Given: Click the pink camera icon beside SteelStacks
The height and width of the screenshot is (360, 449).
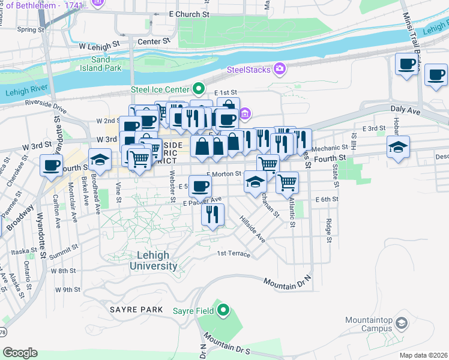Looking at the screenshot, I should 279,70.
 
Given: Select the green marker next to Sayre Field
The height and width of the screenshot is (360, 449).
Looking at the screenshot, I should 223,310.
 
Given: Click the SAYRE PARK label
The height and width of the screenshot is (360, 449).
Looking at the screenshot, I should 136,309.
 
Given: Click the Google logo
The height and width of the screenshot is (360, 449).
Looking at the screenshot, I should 20,352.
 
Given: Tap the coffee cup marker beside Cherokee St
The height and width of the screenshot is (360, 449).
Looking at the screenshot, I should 51,164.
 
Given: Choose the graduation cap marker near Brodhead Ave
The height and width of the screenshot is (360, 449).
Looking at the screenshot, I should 100,159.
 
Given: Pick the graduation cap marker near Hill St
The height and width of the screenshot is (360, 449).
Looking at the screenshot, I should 398,147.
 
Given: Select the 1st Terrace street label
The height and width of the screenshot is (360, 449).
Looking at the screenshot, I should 234,254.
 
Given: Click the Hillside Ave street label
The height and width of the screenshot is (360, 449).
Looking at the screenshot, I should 253,229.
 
